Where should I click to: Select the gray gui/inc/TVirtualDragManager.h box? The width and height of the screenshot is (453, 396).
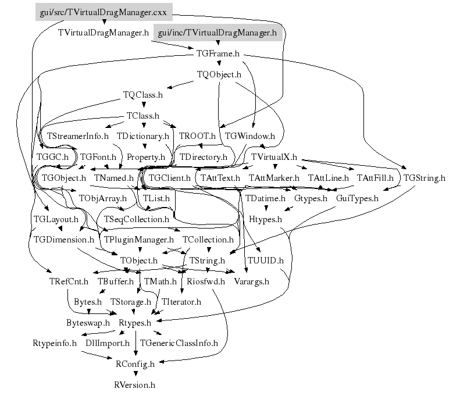click(217, 33)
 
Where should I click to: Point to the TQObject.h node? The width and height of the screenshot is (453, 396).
click(219, 75)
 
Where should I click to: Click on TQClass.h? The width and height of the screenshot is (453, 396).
click(142, 95)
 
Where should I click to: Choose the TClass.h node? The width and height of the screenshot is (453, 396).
click(142, 116)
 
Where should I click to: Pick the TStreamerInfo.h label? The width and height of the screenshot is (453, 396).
click(78, 136)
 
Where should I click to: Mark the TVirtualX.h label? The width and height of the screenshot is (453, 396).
click(274, 157)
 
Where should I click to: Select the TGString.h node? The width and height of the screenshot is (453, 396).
click(424, 178)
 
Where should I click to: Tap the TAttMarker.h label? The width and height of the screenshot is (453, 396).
click(273, 178)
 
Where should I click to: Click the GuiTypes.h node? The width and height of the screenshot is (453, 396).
click(357, 198)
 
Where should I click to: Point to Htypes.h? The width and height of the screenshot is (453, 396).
click(265, 219)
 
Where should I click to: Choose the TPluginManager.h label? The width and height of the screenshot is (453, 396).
click(138, 240)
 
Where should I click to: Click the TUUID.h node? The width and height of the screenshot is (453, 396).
click(266, 260)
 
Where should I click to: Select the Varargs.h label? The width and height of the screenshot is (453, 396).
click(251, 281)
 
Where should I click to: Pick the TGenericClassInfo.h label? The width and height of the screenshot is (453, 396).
click(179, 343)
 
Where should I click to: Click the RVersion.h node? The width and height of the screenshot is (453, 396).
click(135, 385)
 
